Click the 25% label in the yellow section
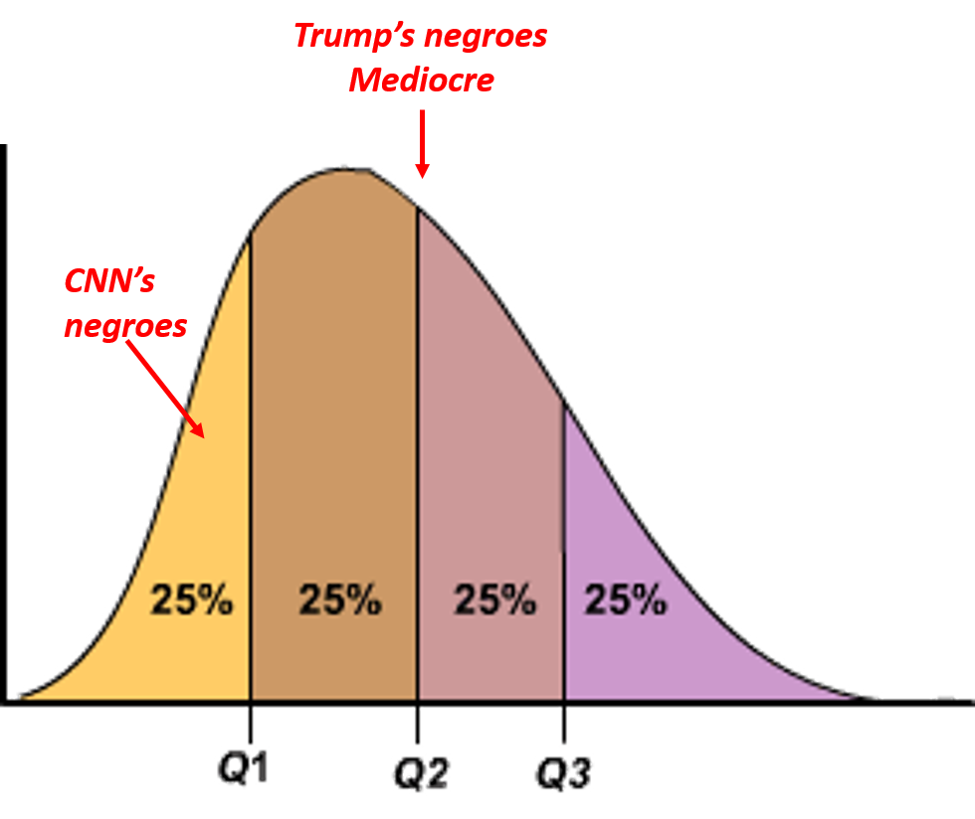(x=192, y=600)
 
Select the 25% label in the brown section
(x=340, y=600)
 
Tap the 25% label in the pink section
(x=494, y=600)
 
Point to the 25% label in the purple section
(x=625, y=600)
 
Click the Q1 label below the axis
(x=244, y=768)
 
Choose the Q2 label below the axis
(x=419, y=773)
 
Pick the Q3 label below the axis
(x=564, y=773)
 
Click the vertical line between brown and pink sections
(x=418, y=447)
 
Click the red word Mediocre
(x=421, y=80)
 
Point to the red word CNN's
(x=109, y=282)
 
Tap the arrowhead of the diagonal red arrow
(x=199, y=429)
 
